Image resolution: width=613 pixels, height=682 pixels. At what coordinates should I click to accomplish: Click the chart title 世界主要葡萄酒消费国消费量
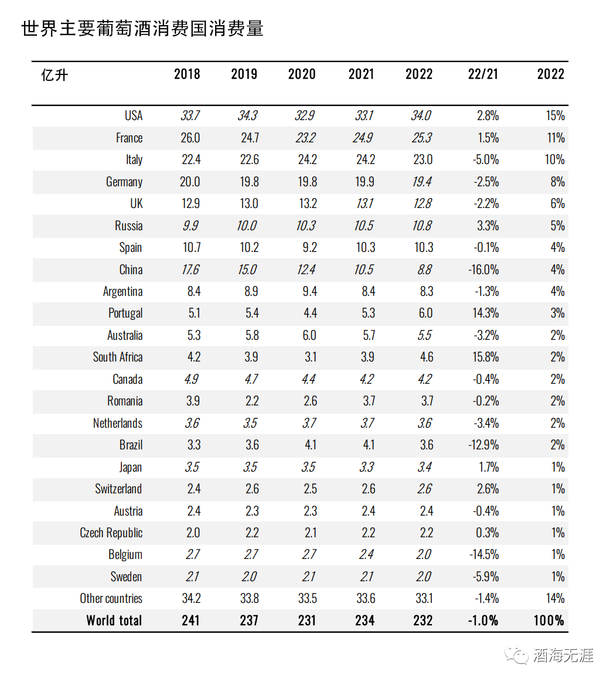[x=142, y=28]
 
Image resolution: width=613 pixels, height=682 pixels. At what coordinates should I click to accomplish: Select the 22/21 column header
[x=483, y=74]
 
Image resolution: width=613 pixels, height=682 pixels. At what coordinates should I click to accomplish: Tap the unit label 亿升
[x=55, y=75]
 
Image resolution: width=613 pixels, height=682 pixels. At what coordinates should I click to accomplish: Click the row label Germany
[x=124, y=182]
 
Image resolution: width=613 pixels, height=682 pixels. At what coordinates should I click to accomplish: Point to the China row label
[x=131, y=270]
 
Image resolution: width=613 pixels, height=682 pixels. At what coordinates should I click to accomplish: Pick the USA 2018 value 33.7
[x=190, y=115]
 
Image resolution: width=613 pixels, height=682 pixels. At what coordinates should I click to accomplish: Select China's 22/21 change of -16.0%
[x=483, y=270]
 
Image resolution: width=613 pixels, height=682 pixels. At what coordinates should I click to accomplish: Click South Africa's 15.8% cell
[x=486, y=357]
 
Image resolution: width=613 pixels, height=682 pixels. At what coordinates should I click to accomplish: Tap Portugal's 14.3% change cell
[x=486, y=313]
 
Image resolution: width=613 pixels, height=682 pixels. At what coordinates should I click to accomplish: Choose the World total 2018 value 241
[x=190, y=620]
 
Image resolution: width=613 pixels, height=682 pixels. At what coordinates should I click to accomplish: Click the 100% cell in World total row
[x=549, y=620]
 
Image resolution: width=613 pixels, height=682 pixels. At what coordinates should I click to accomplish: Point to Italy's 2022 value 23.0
[x=423, y=159]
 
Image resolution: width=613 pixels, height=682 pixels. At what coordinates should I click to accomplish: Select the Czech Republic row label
[x=111, y=533]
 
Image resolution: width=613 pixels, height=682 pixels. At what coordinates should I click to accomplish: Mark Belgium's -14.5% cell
[x=483, y=555]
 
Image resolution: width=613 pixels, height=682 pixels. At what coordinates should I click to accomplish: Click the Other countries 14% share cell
[x=555, y=599]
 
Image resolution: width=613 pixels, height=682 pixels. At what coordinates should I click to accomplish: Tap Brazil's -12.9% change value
[x=483, y=445]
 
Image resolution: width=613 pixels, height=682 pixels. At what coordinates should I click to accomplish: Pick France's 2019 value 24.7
[x=250, y=138]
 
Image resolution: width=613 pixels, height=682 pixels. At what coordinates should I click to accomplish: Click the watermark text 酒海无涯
[x=563, y=655]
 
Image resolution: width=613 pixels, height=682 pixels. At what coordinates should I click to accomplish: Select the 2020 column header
[x=302, y=74]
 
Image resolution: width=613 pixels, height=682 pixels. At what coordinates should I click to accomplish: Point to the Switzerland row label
[x=118, y=489]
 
